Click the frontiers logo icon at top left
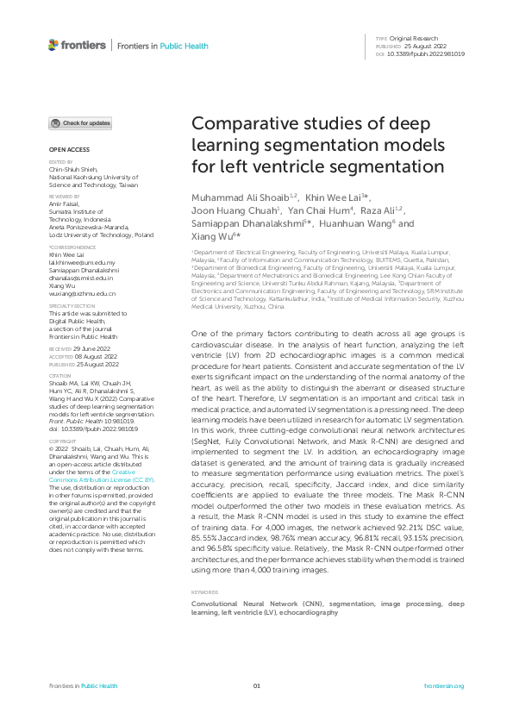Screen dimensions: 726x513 [53, 45]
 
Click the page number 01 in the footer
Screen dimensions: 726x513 [256, 686]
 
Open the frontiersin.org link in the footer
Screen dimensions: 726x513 [444, 686]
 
